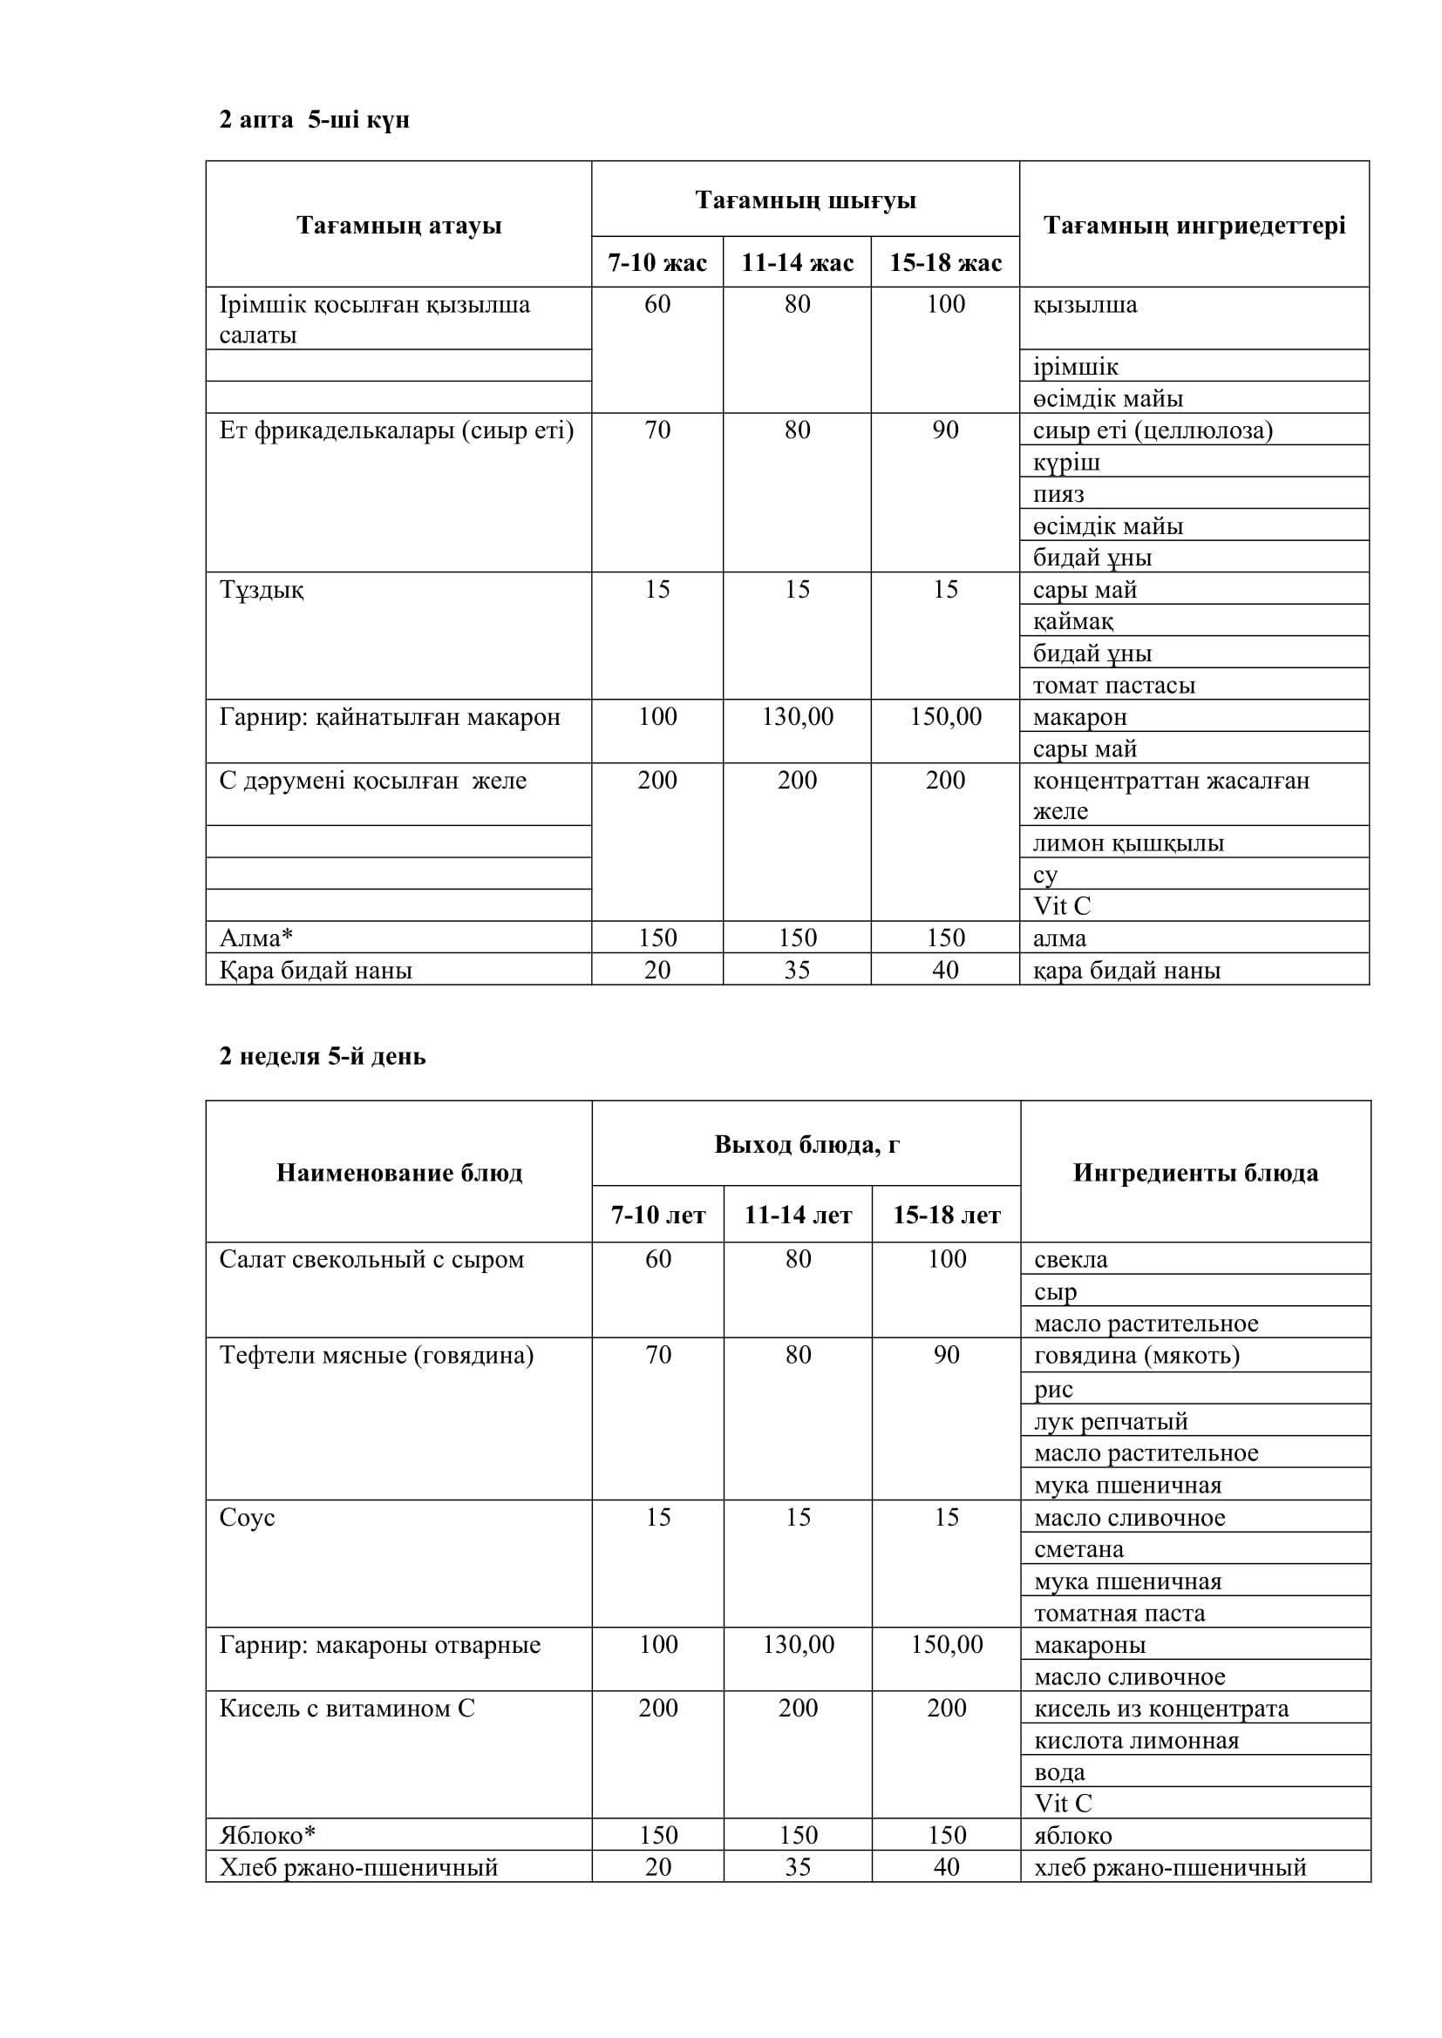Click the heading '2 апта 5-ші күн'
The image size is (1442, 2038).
(x=315, y=120)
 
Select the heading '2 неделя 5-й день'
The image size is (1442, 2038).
(x=323, y=1056)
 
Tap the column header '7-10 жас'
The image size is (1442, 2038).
(x=657, y=263)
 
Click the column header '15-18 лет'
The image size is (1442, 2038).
(x=947, y=1215)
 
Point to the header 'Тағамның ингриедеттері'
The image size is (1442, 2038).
(x=1194, y=226)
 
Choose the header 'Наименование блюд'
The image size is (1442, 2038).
(x=398, y=1173)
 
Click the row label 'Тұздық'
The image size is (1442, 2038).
(x=261, y=589)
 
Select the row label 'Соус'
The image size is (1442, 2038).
(x=247, y=1517)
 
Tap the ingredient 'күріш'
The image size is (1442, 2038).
(x=1066, y=463)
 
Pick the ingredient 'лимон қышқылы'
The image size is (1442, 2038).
(x=1127, y=843)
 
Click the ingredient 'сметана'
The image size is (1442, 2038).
(x=1078, y=1549)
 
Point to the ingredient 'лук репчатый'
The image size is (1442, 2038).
(x=1111, y=1421)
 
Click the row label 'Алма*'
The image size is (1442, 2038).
(x=255, y=938)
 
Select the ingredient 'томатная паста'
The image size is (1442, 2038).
(x=1119, y=1613)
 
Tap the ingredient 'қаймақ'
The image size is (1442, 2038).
(x=1072, y=621)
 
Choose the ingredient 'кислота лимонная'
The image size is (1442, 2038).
(x=1136, y=1740)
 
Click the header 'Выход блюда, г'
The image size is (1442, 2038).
(x=806, y=1144)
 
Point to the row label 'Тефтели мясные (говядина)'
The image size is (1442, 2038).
(x=377, y=1356)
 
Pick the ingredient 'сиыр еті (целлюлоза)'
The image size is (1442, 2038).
(x=1153, y=430)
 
